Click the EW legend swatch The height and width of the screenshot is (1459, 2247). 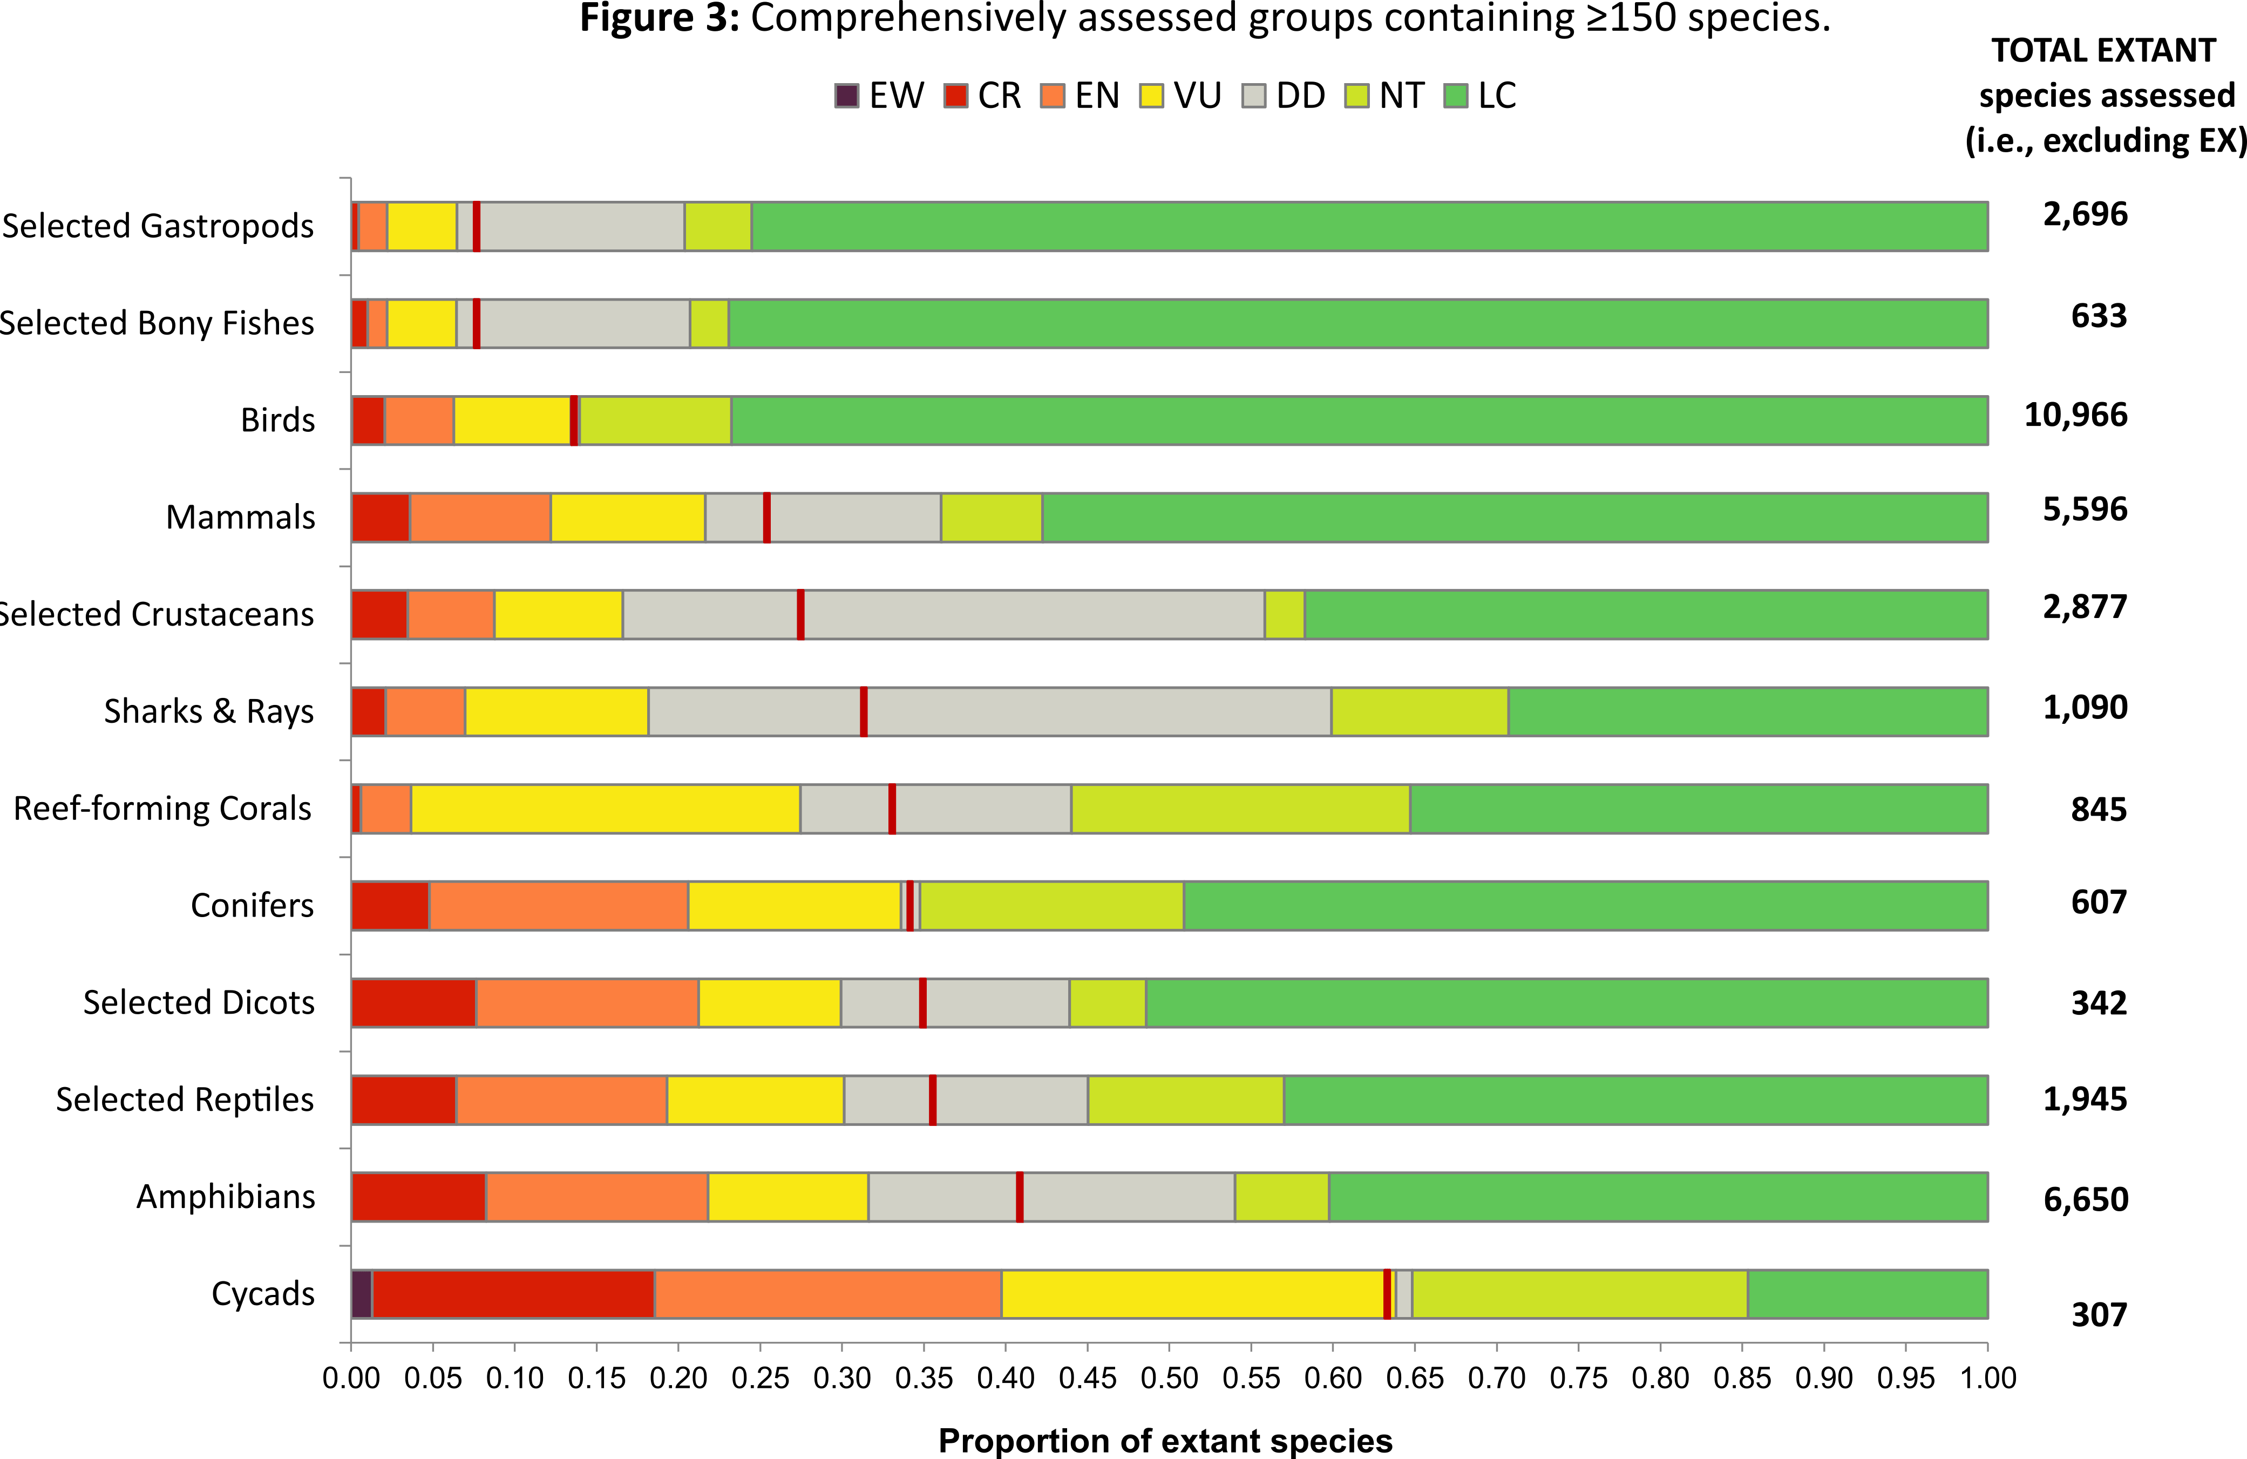[846, 96]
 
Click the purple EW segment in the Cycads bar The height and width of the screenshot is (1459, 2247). [362, 1294]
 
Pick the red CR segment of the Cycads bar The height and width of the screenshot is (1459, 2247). [513, 1294]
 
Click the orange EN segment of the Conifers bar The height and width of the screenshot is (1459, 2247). [559, 906]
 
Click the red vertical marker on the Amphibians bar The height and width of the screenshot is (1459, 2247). [1020, 1197]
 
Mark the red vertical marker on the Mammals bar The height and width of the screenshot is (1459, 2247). [766, 518]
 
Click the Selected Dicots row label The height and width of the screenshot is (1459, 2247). [198, 1002]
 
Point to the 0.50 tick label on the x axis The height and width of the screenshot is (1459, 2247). [1169, 1378]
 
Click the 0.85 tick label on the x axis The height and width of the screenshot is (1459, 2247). [1742, 1378]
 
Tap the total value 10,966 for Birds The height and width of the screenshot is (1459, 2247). [2075, 415]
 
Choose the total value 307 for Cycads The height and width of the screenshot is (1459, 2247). [2098, 1314]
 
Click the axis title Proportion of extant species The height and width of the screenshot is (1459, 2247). [1165, 1440]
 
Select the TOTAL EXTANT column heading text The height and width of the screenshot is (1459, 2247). [2103, 51]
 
